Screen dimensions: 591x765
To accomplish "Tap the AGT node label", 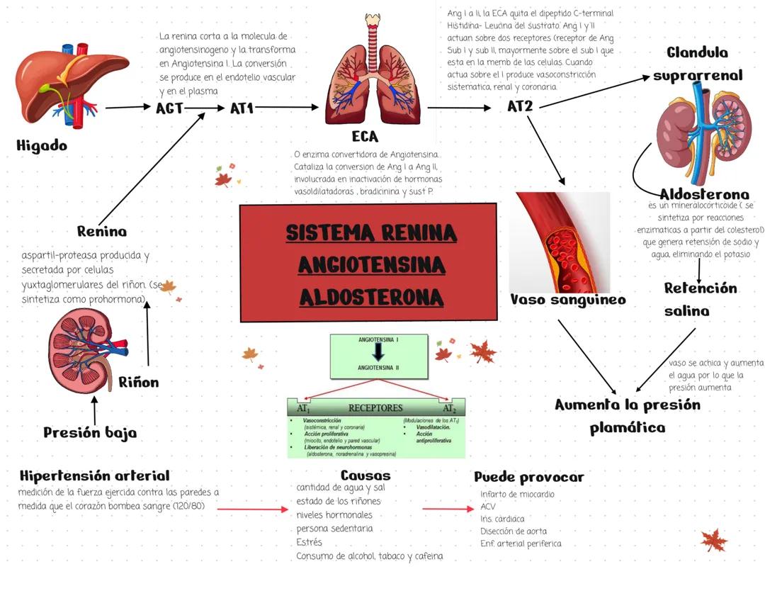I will click(170, 108).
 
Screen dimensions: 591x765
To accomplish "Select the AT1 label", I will click(242, 108).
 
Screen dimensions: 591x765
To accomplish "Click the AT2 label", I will click(521, 106).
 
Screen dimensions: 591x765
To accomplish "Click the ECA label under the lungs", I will click(365, 136).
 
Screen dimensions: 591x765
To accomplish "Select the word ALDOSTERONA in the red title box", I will click(372, 298).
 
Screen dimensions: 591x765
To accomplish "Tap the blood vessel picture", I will click(560, 241).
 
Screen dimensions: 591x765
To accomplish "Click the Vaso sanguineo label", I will click(568, 300).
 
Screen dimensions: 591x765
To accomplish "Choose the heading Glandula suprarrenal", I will click(698, 64).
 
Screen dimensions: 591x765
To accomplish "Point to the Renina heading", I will click(102, 231).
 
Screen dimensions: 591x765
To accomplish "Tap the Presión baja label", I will click(90, 432).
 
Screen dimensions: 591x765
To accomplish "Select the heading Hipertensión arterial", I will click(95, 475).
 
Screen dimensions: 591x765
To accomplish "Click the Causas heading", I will click(365, 475).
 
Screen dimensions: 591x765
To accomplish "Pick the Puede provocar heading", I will click(528, 477).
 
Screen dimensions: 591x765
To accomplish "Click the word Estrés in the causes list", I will click(309, 542).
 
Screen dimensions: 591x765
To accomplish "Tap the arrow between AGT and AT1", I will click(206, 108).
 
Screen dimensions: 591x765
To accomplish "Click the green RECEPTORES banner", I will click(375, 408).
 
